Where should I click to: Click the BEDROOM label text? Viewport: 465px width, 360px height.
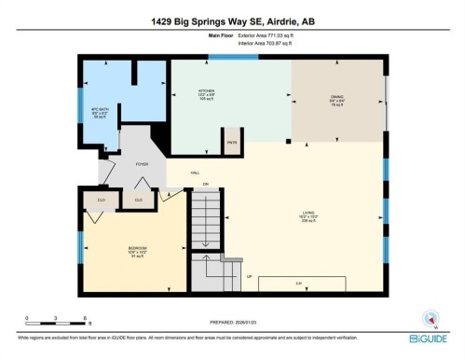(138, 249)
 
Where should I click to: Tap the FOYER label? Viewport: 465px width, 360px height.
(143, 164)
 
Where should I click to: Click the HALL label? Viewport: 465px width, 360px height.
(196, 173)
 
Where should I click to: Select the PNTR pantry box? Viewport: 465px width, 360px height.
(230, 143)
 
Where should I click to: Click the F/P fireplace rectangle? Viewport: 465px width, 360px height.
(299, 282)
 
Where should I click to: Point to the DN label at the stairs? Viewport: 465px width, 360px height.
(205, 183)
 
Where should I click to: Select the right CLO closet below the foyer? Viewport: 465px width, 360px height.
(138, 199)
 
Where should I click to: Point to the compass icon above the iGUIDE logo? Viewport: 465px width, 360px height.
(430, 318)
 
